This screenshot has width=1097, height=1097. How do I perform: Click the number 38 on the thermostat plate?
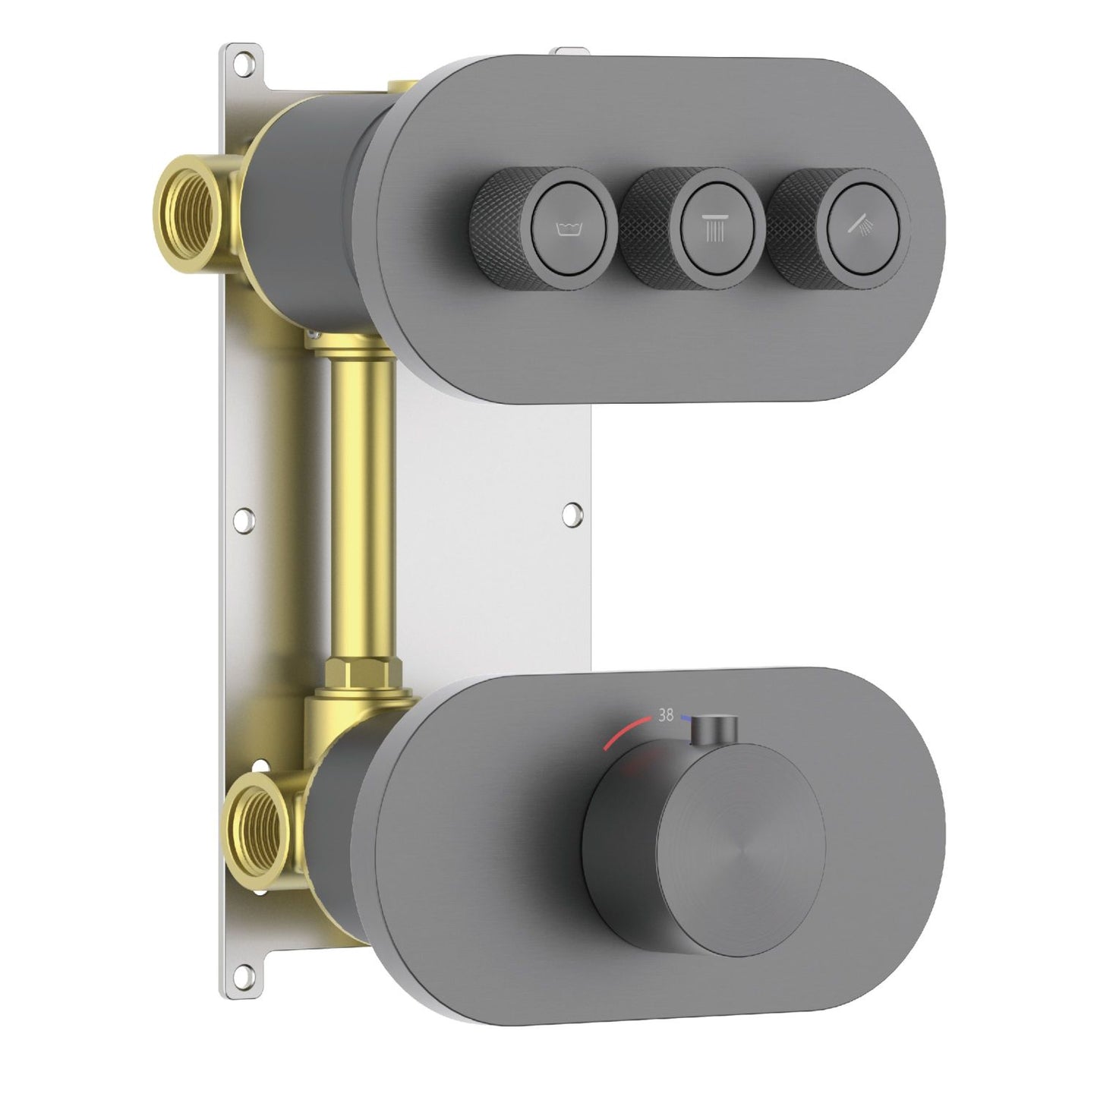tap(666, 714)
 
